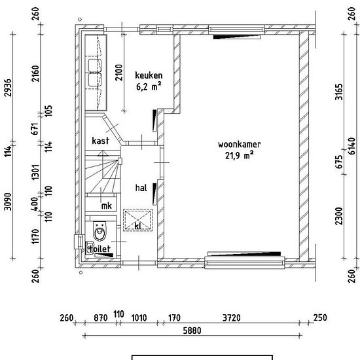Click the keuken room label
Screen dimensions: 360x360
point(149,75)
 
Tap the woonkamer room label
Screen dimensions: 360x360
point(239,145)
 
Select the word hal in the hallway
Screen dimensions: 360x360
point(141,188)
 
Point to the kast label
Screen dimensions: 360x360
point(100,141)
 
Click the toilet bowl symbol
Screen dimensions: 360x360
point(100,231)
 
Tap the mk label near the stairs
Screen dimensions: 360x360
point(107,206)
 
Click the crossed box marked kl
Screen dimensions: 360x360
point(137,220)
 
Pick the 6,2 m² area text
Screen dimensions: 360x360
point(149,86)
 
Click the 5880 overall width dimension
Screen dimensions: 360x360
point(192,331)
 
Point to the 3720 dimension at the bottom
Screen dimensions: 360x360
point(232,317)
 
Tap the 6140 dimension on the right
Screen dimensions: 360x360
point(351,146)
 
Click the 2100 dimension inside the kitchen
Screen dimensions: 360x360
point(119,73)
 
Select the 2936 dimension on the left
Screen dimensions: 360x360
point(9,88)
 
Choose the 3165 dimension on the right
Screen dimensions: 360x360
point(339,92)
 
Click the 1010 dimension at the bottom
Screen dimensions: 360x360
point(139,318)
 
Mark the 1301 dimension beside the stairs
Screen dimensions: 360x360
point(35,172)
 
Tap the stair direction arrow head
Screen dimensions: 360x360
point(103,153)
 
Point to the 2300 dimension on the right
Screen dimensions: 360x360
point(339,216)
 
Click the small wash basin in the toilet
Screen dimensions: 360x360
point(90,247)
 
